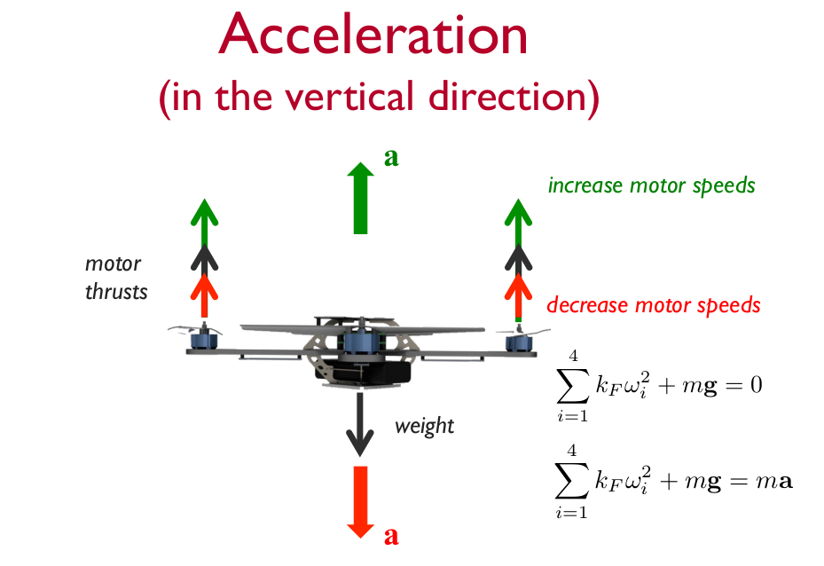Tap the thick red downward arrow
(x=360, y=501)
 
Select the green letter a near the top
(x=391, y=158)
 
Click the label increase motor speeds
(x=651, y=186)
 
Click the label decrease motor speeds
(x=653, y=306)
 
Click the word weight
(x=424, y=426)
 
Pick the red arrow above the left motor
(x=205, y=295)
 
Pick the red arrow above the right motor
(x=517, y=295)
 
